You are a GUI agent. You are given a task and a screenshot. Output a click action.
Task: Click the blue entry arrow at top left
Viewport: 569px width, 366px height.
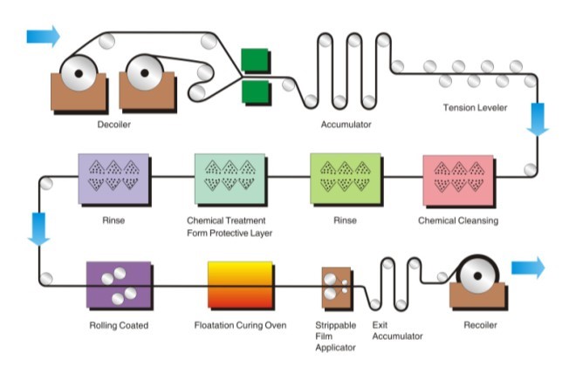43,36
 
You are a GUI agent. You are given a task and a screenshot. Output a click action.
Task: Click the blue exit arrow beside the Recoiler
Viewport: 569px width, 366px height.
527,267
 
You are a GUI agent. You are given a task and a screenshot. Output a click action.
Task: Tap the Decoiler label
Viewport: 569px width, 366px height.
113,125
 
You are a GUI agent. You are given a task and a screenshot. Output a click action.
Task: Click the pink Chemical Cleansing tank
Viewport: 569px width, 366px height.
457,180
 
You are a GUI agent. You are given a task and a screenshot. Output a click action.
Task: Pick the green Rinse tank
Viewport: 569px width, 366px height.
345,179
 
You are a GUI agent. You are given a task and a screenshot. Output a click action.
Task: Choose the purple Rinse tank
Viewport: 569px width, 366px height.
113,179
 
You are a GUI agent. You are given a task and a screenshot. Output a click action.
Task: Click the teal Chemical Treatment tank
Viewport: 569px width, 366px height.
230,179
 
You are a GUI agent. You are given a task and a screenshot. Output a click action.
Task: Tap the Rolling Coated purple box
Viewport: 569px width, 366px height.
119,286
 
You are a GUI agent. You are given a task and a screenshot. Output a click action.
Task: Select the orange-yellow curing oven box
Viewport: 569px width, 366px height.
240,285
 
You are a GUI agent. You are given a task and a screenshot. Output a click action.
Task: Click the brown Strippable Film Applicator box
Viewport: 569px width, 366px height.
336,288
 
